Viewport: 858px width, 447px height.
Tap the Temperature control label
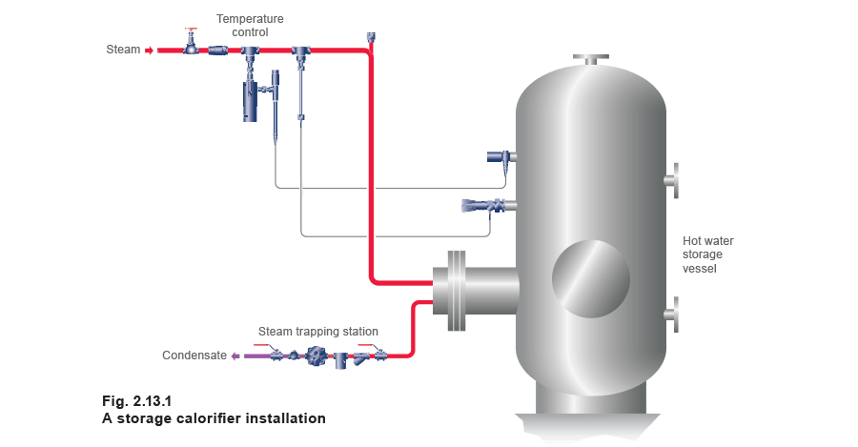252,25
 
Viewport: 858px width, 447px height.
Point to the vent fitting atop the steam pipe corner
369,38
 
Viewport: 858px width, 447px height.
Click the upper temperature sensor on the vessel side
500,155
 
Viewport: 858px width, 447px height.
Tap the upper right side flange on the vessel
674,176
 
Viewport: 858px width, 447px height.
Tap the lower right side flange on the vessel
674,314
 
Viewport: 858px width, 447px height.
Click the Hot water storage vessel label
705,254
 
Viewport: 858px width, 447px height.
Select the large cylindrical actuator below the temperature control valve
251,101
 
